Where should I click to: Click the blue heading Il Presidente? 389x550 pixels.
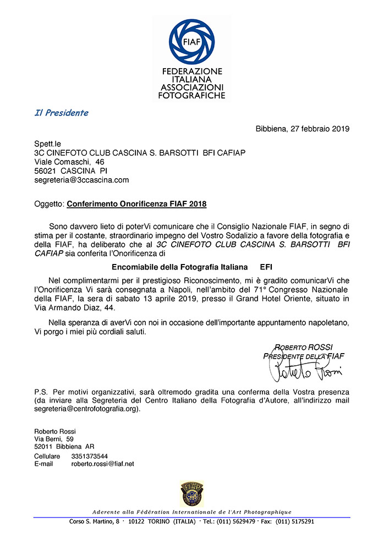coord(61,113)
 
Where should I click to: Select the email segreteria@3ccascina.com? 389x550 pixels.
coord(81,180)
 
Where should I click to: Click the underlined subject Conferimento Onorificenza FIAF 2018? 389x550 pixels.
coord(136,205)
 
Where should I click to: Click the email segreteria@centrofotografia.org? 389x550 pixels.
coord(87,409)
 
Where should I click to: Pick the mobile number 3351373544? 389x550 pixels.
coord(90,456)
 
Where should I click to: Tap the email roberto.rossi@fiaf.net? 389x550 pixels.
coord(103,464)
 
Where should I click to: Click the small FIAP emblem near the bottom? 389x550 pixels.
coord(192,493)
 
